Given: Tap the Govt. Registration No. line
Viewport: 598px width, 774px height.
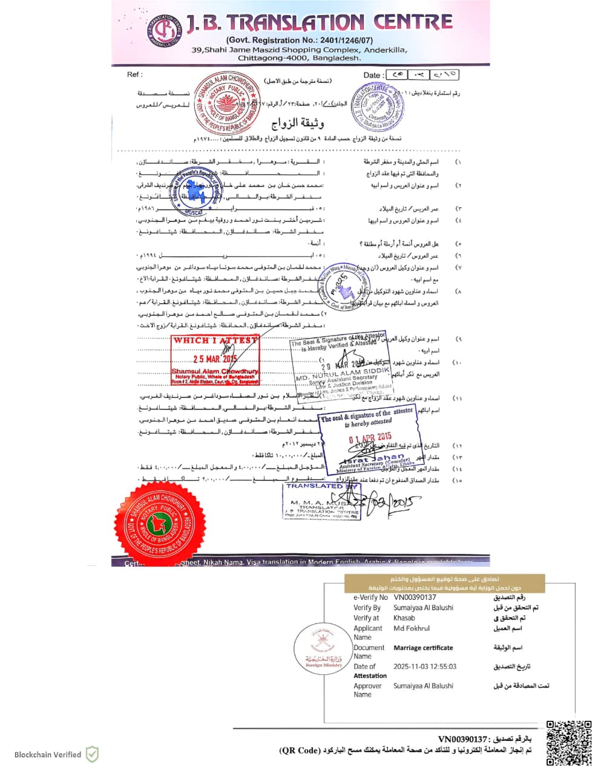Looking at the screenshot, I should point(299,41).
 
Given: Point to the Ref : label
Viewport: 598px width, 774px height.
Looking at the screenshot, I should point(134,74).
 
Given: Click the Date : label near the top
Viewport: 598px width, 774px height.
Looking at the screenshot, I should point(373,76).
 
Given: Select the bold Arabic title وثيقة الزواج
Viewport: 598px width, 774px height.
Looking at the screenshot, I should point(297,123).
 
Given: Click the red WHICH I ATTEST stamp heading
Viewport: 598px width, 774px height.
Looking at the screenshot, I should point(215,340).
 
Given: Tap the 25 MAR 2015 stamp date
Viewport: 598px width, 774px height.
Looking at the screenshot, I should point(214,359).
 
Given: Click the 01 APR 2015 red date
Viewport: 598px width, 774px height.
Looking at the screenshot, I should point(370,438).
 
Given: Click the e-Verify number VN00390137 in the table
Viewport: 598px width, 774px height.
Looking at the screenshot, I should point(415,597).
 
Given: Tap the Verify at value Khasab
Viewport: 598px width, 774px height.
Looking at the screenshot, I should point(404,618).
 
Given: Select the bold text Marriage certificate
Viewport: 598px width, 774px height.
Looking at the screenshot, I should point(423,648).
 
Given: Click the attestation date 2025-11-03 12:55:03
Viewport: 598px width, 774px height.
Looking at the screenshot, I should point(425,666).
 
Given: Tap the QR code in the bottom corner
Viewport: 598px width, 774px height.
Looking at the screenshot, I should point(568,743).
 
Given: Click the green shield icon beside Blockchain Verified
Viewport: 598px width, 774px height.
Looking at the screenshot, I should point(92,754).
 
